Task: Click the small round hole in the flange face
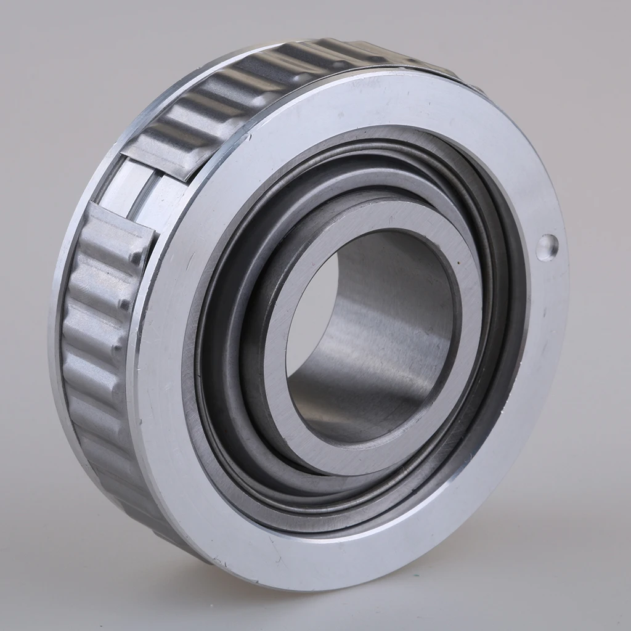547,247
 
